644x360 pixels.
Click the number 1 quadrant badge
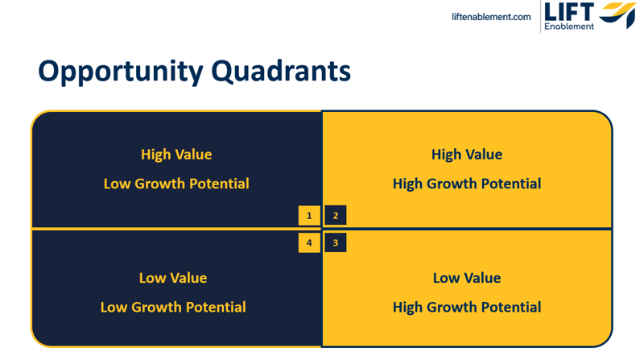coord(309,215)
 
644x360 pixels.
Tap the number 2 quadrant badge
coord(336,215)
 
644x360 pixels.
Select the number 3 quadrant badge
coord(336,242)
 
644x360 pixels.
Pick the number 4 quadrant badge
coord(309,242)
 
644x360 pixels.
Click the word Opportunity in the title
coord(121,72)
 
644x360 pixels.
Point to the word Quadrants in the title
coord(281,71)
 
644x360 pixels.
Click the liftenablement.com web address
coord(491,17)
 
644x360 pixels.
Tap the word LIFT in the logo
coord(569,12)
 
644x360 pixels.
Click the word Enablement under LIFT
coord(569,27)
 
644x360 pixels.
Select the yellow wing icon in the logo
coord(617,14)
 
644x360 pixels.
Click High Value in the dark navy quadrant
coord(176,155)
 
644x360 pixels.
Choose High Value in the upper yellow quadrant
coord(467,155)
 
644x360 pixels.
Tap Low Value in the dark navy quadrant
coord(173,278)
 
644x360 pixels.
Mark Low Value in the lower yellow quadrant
coord(467,278)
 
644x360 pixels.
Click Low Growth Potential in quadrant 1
coord(176,184)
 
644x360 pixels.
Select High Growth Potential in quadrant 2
coord(467,184)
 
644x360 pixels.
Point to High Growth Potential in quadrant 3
coord(467,308)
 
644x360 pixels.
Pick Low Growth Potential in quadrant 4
coord(173,308)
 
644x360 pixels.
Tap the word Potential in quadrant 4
coord(216,308)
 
